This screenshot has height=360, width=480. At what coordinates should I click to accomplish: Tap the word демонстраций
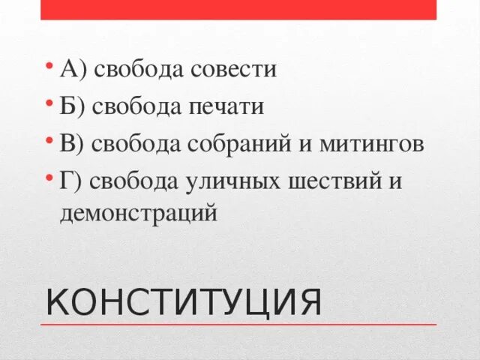(x=139, y=213)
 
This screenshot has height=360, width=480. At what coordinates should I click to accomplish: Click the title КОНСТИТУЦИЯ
(x=184, y=301)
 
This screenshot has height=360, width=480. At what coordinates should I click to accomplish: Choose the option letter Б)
(x=73, y=106)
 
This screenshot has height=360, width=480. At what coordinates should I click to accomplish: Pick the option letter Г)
(x=72, y=181)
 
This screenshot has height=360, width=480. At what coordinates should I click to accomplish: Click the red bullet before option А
(x=48, y=65)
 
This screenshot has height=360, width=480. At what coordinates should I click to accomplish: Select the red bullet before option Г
(x=48, y=176)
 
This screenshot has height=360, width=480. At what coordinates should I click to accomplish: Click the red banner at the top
(x=238, y=9)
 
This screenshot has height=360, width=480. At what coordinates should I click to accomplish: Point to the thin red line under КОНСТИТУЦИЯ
(x=238, y=325)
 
